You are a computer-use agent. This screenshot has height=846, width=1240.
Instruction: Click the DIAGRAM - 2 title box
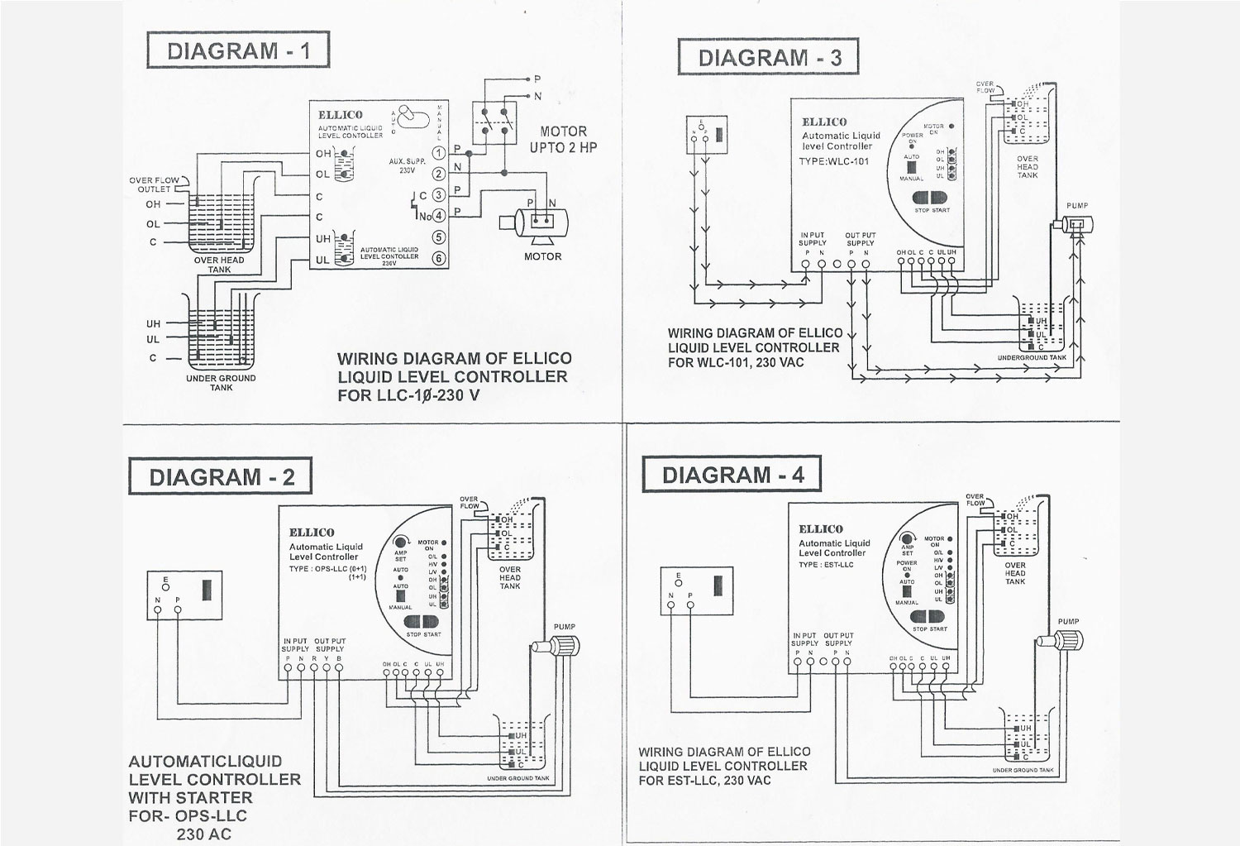[220, 477]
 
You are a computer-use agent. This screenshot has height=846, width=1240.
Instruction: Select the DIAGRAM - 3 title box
[769, 57]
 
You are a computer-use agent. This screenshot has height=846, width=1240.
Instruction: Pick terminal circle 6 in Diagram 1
[439, 259]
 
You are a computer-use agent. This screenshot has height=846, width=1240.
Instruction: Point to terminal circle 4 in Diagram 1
[439, 216]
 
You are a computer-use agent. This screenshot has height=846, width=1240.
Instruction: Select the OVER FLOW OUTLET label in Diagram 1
[155, 184]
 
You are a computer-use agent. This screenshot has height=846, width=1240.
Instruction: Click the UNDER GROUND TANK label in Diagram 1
[221, 382]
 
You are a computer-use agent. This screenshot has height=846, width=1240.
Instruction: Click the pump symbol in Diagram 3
[1075, 225]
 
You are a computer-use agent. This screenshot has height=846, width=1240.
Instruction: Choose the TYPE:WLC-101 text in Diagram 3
[834, 161]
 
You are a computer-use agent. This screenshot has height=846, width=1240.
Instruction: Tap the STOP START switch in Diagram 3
[932, 199]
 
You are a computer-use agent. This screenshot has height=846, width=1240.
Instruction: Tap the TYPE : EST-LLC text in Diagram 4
[826, 565]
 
